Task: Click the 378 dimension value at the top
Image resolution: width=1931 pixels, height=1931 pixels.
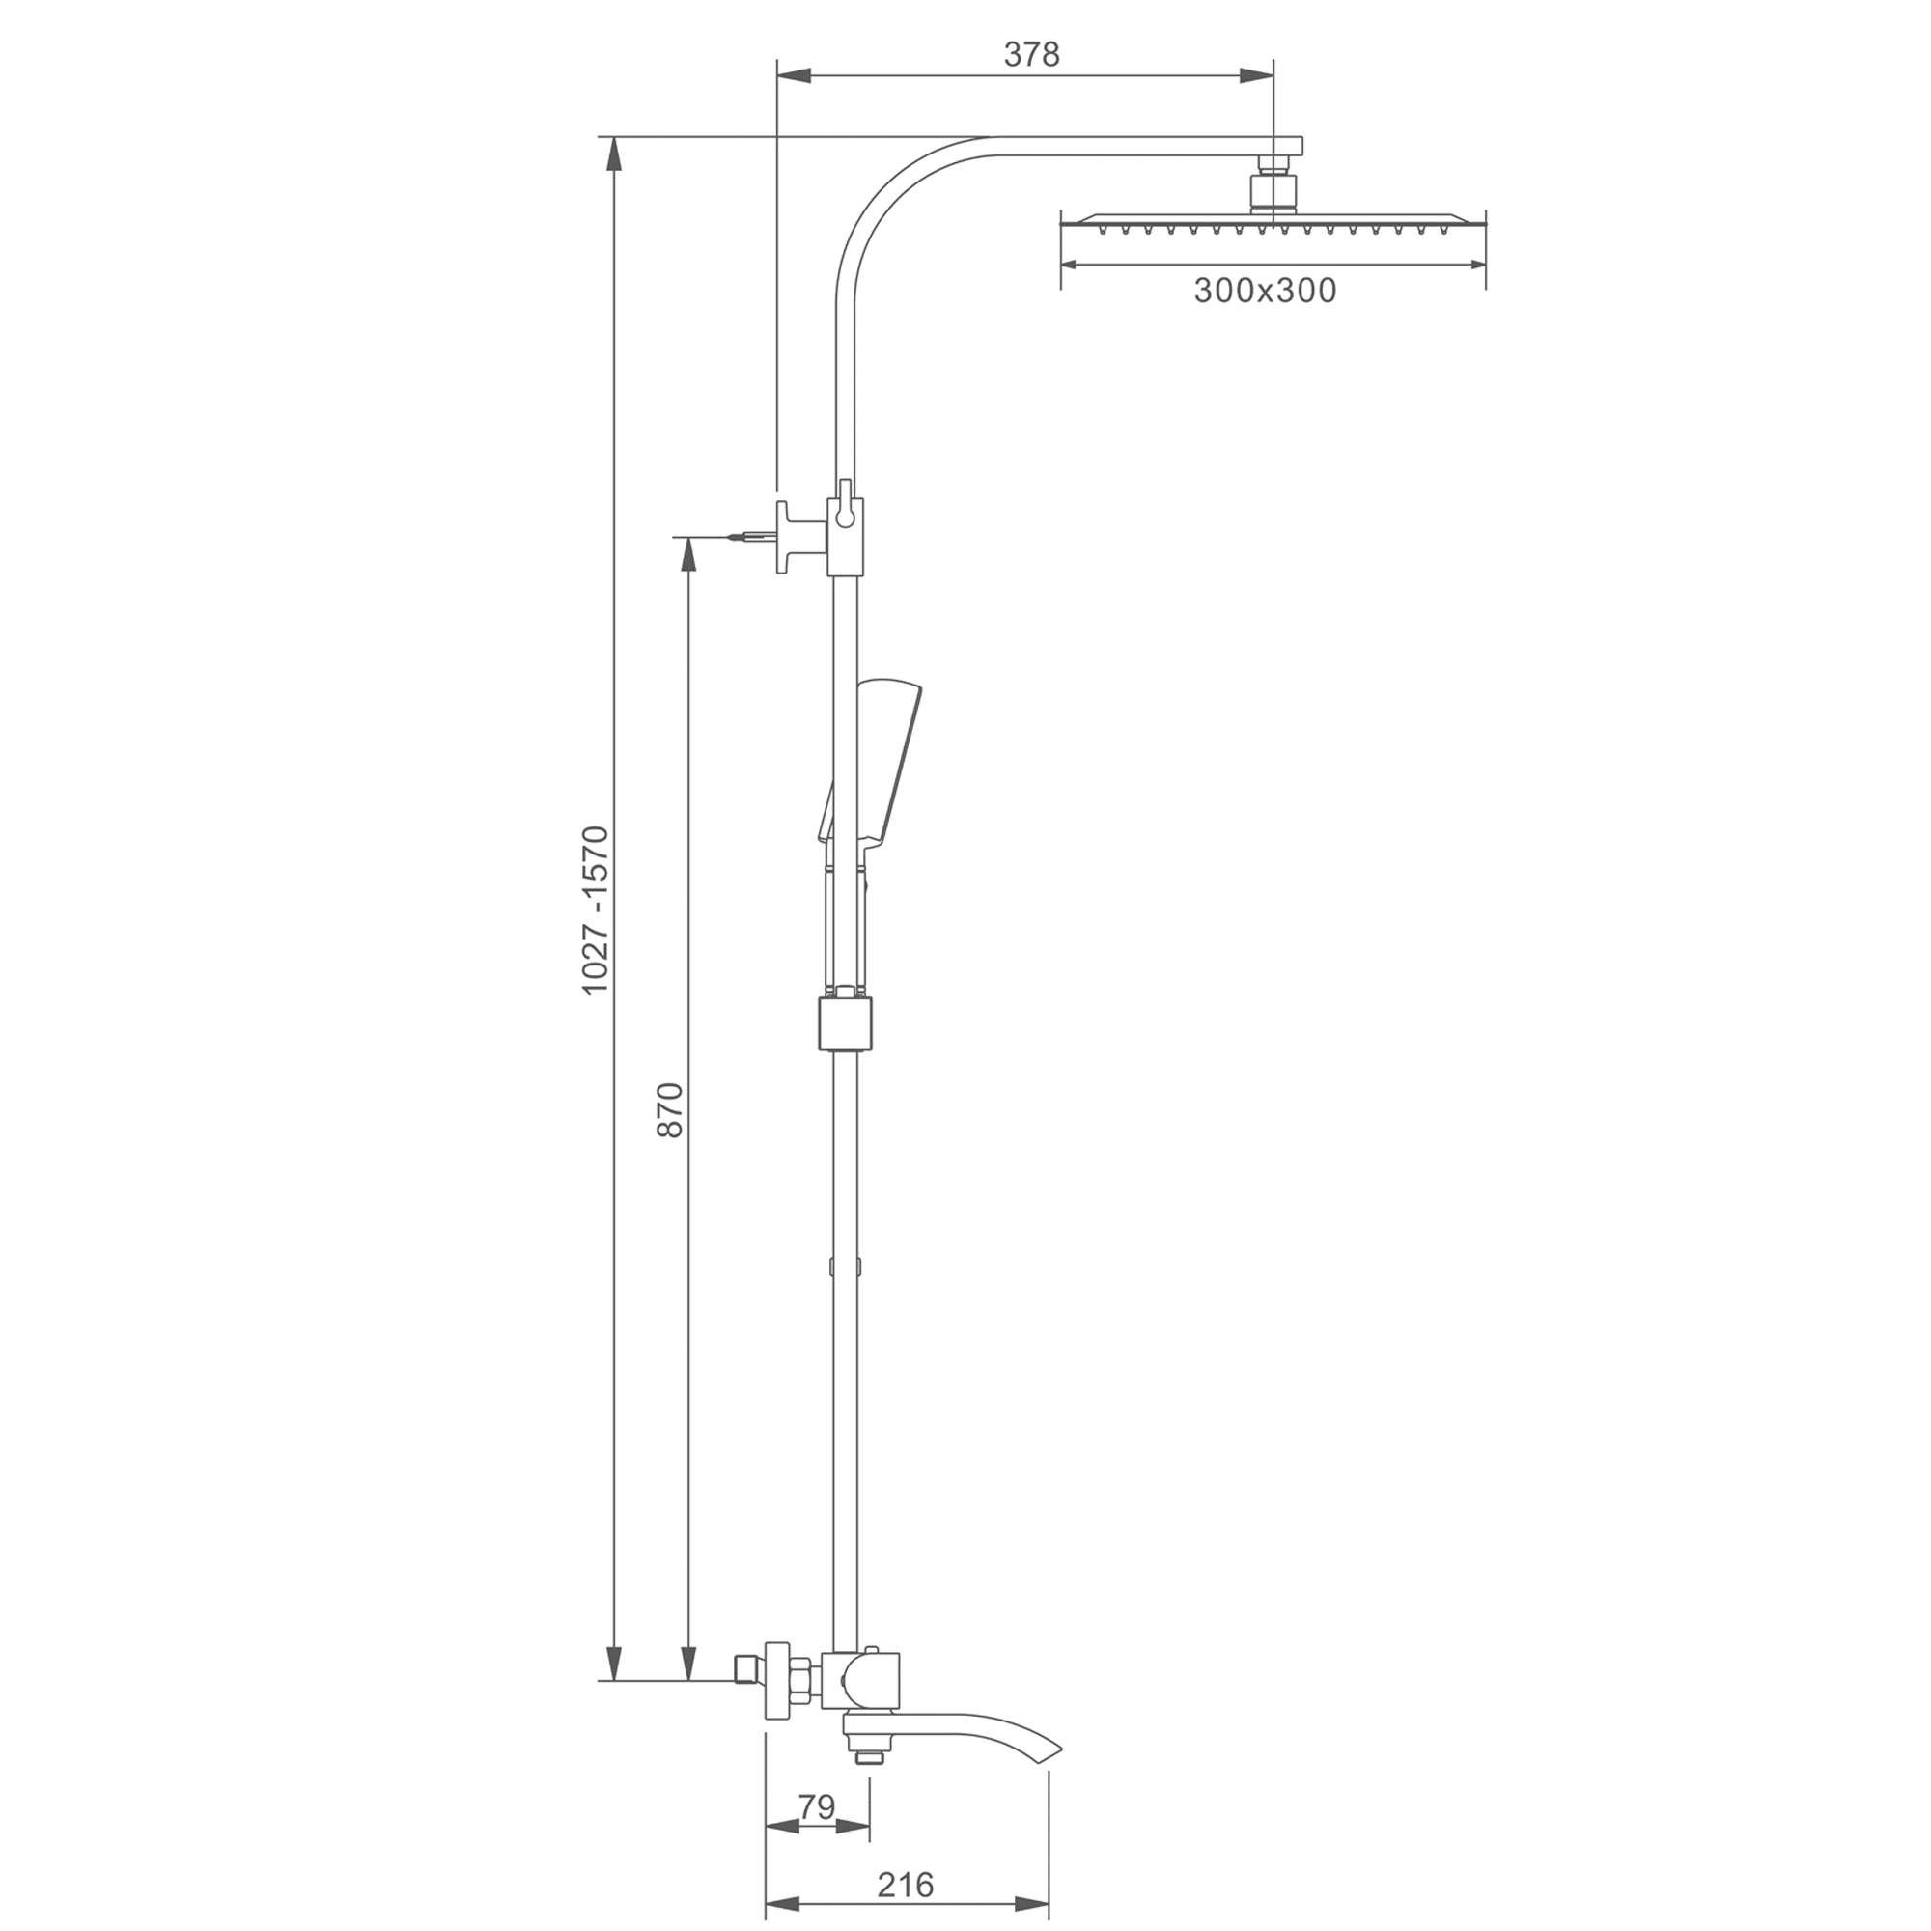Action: (x=1030, y=55)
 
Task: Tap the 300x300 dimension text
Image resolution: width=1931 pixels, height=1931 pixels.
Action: (x=1265, y=291)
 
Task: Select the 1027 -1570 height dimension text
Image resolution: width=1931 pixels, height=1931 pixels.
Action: (x=596, y=910)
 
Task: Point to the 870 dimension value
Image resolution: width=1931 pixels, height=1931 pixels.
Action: (x=670, y=1109)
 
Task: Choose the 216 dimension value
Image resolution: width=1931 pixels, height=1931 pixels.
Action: (x=905, y=1884)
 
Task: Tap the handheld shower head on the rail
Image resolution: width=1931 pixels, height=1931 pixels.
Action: (x=885, y=760)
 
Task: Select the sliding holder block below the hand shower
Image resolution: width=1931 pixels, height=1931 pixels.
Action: (x=846, y=1023)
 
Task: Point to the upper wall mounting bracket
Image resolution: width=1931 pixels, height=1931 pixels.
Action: (x=799, y=537)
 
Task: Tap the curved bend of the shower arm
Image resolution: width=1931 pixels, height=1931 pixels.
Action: (x=880, y=195)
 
